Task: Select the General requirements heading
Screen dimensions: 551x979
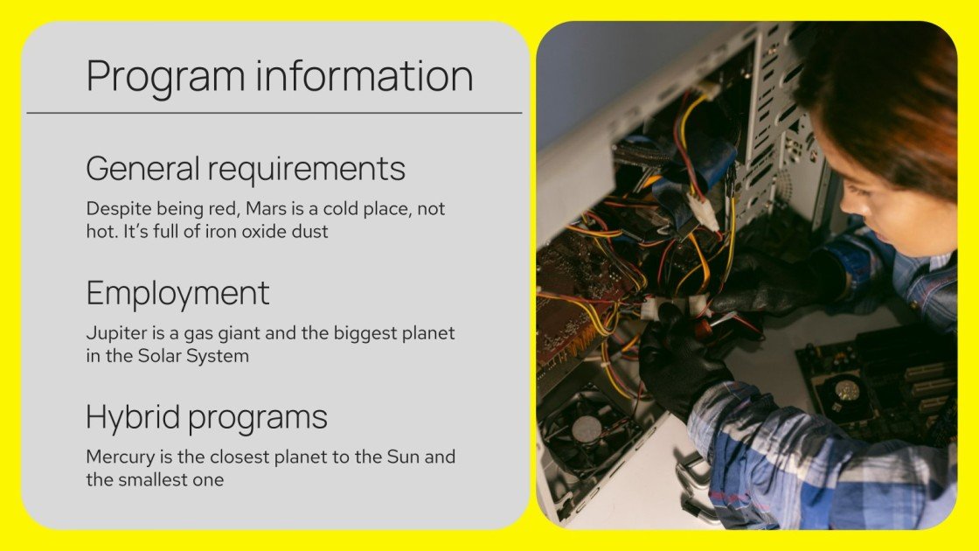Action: pyautogui.click(x=246, y=168)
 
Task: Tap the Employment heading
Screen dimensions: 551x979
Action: pyautogui.click(x=177, y=293)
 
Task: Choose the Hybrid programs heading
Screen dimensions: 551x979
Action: pyautogui.click(x=206, y=417)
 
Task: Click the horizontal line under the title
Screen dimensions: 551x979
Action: pyautogui.click(x=274, y=113)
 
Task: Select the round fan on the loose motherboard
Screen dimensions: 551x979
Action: pyautogui.click(x=846, y=390)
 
